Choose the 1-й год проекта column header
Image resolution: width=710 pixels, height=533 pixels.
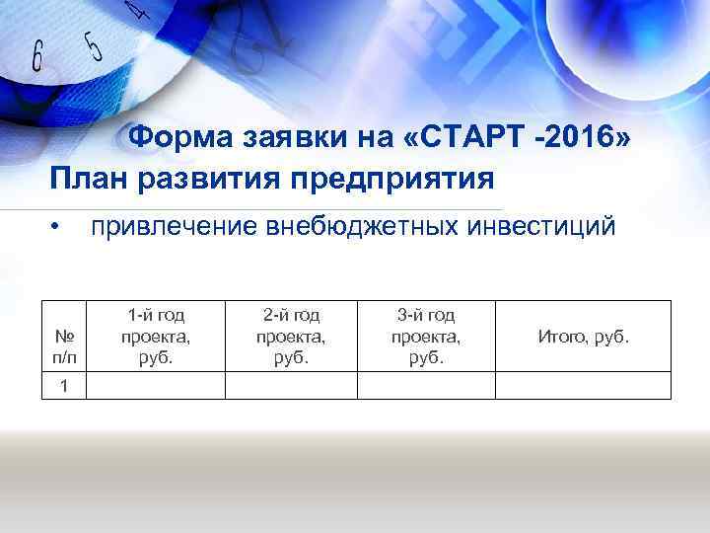point(156,336)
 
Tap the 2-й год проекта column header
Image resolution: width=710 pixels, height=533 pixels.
point(291,336)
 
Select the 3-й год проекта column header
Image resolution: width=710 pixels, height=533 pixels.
point(426,336)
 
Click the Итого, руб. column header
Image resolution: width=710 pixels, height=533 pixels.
point(582,337)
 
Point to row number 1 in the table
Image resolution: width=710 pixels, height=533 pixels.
point(63,385)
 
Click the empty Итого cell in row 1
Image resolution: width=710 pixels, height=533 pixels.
point(582,385)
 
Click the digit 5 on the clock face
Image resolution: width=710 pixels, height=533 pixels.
point(92,45)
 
